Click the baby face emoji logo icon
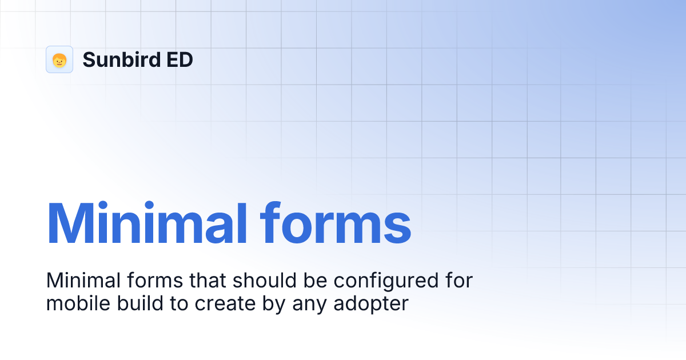(59, 59)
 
